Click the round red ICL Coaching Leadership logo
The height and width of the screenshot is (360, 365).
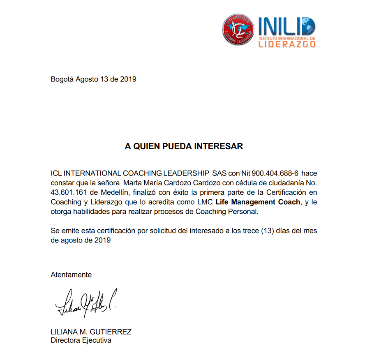(x=238, y=30)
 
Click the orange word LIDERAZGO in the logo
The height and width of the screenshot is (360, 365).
(x=286, y=44)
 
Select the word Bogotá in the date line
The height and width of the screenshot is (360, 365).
(x=62, y=79)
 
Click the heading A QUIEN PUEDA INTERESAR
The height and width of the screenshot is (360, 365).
(x=184, y=146)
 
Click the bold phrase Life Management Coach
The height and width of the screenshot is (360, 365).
(x=258, y=202)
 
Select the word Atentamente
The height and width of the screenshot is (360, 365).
(x=71, y=275)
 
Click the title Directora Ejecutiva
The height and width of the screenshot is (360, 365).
(x=81, y=340)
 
